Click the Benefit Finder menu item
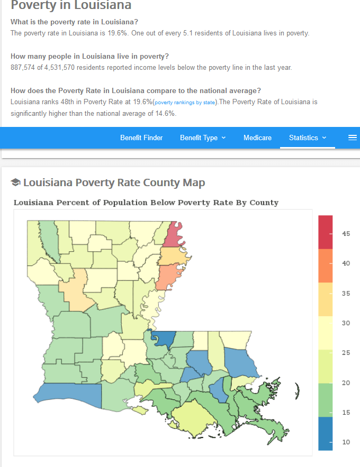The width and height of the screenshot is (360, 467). [x=141, y=138]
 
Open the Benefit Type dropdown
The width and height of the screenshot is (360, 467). [x=203, y=138]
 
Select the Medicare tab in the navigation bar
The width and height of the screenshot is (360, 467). [x=257, y=138]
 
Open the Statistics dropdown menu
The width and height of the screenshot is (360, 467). [x=308, y=138]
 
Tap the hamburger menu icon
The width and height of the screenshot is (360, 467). [x=353, y=138]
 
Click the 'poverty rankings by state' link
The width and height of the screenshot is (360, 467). [x=185, y=102]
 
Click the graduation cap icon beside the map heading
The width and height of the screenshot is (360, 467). [x=15, y=182]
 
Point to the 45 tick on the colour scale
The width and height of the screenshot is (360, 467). [x=346, y=233]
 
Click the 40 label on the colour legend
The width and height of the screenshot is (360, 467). [x=346, y=263]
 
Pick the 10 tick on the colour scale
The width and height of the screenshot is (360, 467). [x=346, y=442]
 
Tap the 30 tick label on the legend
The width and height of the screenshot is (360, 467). [x=346, y=323]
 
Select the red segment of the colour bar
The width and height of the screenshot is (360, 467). [x=326, y=231]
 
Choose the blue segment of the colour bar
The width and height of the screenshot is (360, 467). [x=326, y=433]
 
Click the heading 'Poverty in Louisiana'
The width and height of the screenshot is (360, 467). [x=71, y=6]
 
